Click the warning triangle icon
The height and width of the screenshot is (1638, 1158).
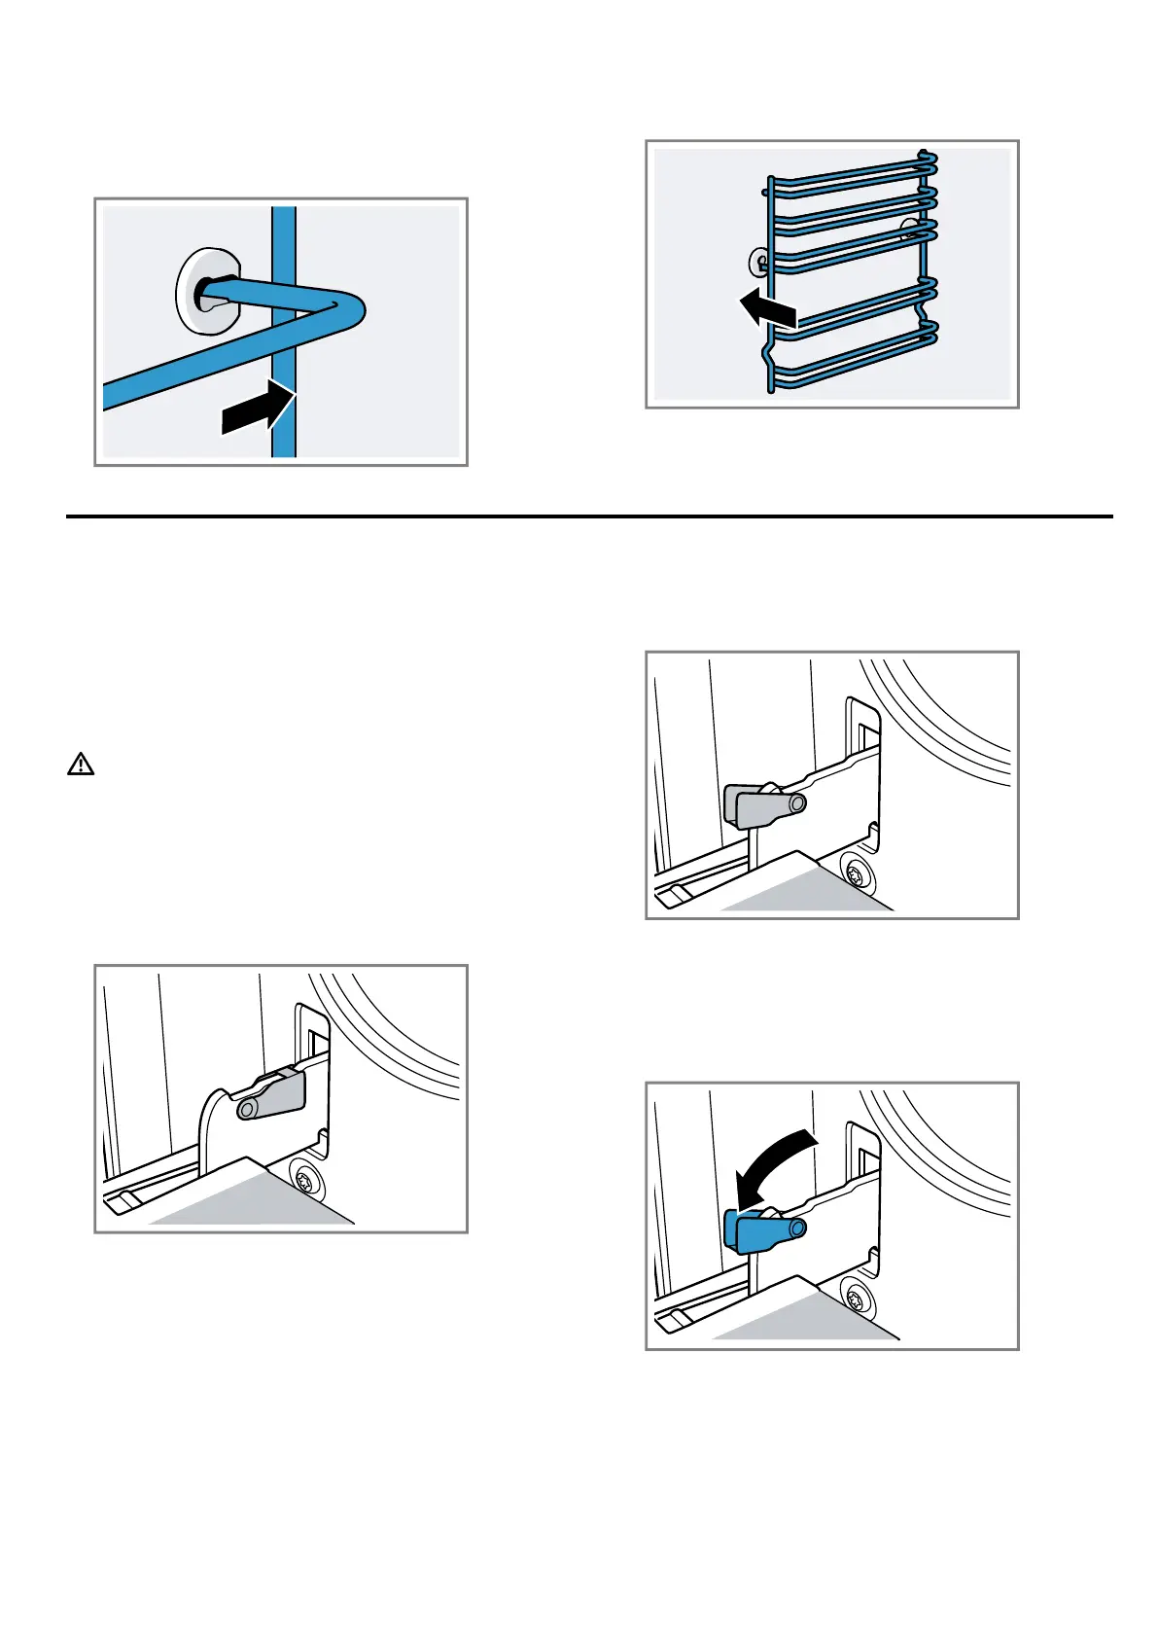tap(81, 765)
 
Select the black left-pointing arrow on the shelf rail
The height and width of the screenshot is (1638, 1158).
tap(768, 309)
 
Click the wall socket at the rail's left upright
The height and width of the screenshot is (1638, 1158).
tap(759, 261)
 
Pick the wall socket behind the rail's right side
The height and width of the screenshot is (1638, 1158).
tap(911, 230)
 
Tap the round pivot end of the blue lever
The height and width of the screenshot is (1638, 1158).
tap(796, 1228)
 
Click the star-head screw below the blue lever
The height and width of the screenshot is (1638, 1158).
tap(858, 1297)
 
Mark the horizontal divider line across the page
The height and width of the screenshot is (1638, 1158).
tap(589, 516)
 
